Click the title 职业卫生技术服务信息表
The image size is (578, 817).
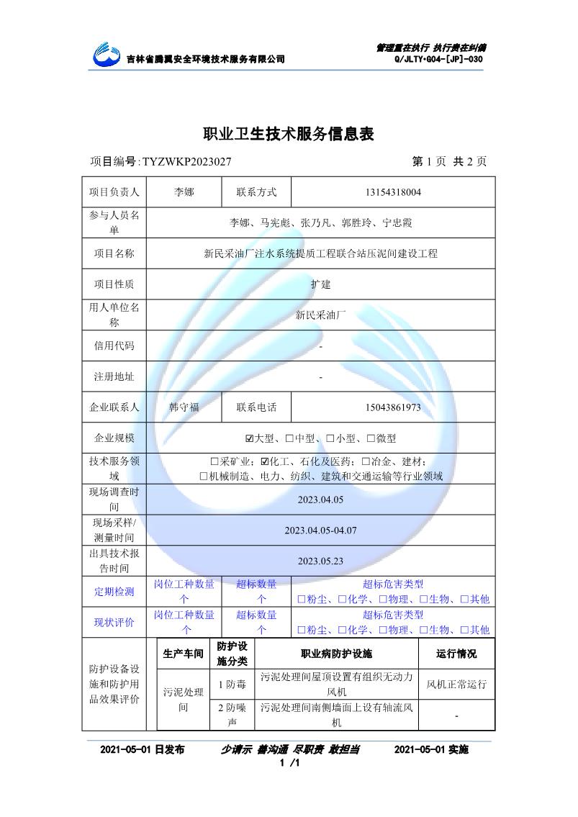[x=289, y=134]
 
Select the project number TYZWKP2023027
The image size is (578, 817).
[x=187, y=162]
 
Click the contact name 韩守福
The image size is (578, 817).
[x=184, y=407]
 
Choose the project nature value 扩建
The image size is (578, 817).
[x=320, y=284]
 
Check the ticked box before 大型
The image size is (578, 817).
[x=250, y=438]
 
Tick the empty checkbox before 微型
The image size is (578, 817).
[x=371, y=438]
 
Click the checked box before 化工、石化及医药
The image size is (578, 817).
[x=265, y=461]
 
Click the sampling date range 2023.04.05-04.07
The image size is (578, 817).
[x=320, y=531]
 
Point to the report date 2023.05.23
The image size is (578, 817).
[x=320, y=561]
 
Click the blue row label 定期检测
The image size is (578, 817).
[x=114, y=592]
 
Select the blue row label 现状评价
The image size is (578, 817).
[x=114, y=623]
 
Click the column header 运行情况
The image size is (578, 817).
[x=456, y=654]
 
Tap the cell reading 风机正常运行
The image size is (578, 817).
[x=456, y=684]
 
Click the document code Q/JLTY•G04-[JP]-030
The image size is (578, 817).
[x=438, y=59]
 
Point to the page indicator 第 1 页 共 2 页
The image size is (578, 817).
[x=449, y=162]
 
